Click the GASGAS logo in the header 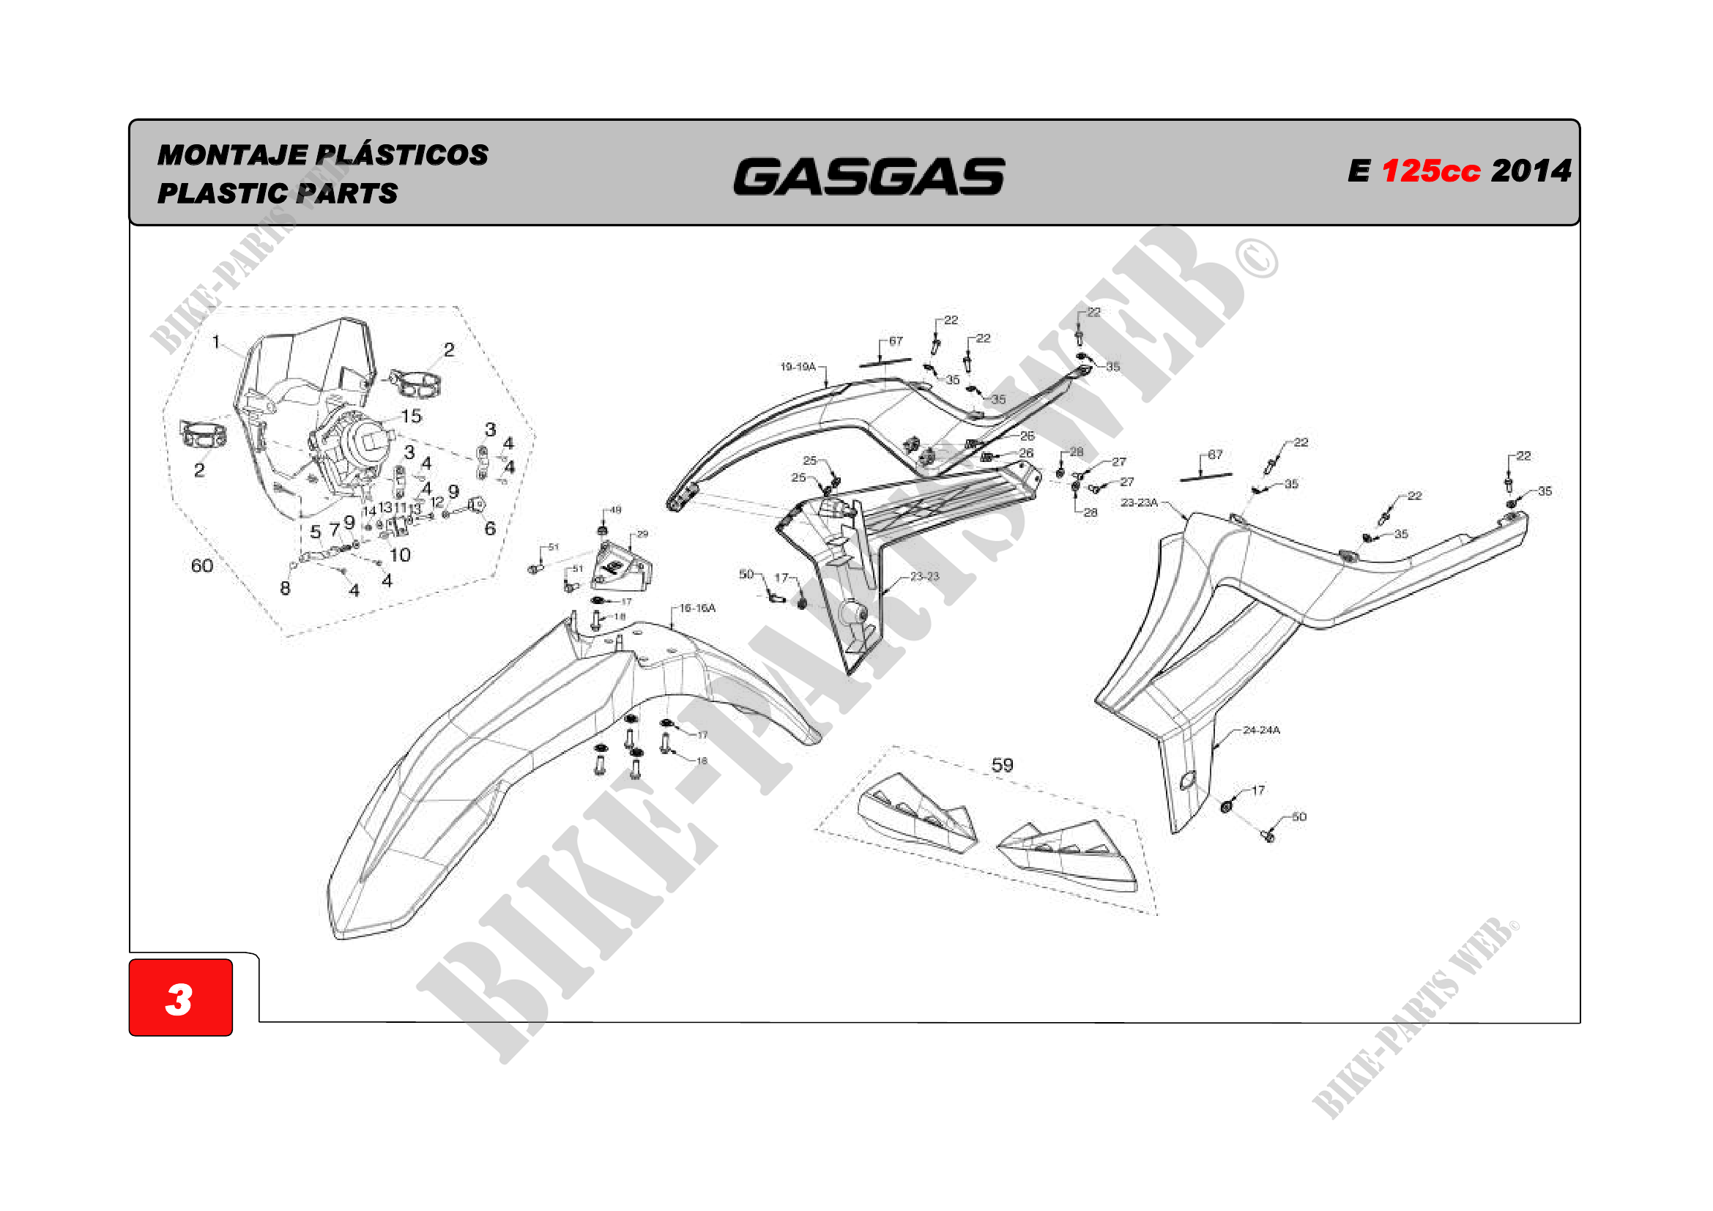click(869, 176)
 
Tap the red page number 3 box click(181, 997)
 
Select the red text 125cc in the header click(1430, 171)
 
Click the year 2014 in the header click(1531, 171)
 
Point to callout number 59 click(1002, 765)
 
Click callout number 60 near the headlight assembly click(202, 566)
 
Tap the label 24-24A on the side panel click(1261, 730)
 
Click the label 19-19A click(798, 367)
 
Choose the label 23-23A click(1140, 502)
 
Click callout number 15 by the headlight click(412, 416)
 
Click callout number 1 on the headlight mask click(216, 342)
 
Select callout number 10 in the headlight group click(400, 555)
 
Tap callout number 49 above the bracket click(615, 510)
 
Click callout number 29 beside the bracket click(642, 534)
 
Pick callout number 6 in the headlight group click(490, 528)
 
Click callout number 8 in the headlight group click(285, 589)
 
